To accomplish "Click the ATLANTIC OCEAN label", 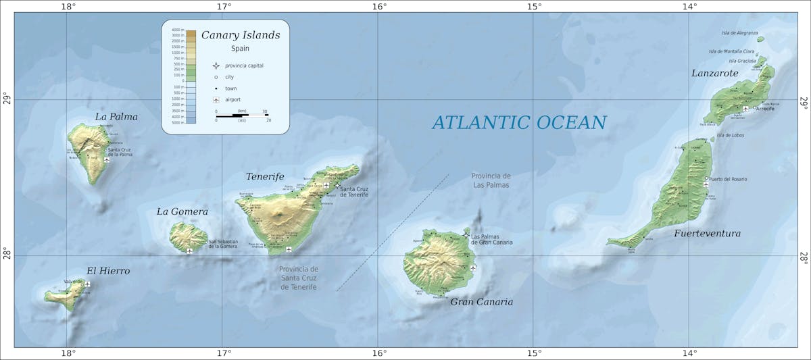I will (x=519, y=122).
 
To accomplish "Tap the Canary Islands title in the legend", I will (x=240, y=35).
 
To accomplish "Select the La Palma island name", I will (x=116, y=117).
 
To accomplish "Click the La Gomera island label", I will (x=182, y=211).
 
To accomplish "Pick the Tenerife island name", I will (x=265, y=176).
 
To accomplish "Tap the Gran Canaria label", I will (x=481, y=302).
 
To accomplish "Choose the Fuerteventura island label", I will (x=707, y=234).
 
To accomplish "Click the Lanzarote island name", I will (x=714, y=73).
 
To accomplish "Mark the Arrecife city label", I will (x=766, y=109).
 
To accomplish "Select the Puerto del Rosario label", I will (x=728, y=179).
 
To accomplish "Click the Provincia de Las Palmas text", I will (x=491, y=180).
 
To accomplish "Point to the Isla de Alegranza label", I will (x=739, y=32).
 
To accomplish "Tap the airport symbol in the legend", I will (x=216, y=99).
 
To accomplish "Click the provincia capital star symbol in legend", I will (x=216, y=66).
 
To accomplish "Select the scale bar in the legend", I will (x=242, y=115).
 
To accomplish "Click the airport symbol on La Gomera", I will (x=190, y=251).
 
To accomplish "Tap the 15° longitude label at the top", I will (x=534, y=7).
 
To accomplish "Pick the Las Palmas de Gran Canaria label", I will (x=491, y=239).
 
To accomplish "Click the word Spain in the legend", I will (x=241, y=49).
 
